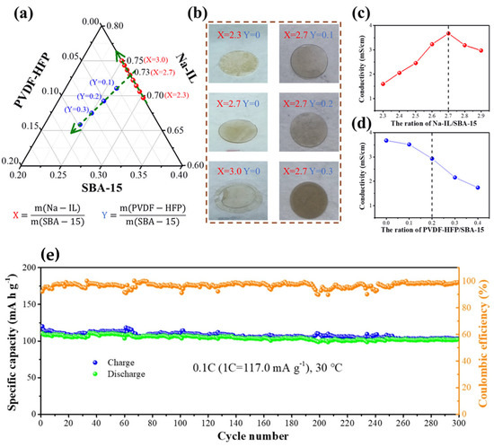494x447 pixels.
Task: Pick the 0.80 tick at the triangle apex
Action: point(113,25)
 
